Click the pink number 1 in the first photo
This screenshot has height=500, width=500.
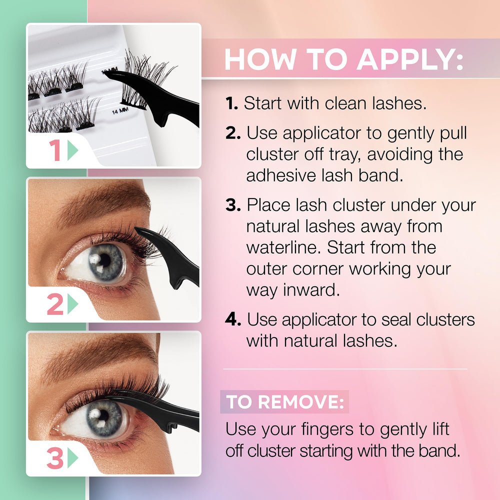coord(55,150)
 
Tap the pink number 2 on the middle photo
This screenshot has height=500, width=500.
coord(55,304)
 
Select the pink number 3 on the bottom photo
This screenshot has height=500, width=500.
coord(55,458)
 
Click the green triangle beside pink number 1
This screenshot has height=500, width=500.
coord(73,150)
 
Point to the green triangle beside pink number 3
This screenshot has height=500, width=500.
coord(73,458)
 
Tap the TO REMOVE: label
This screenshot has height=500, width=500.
coord(284,402)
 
